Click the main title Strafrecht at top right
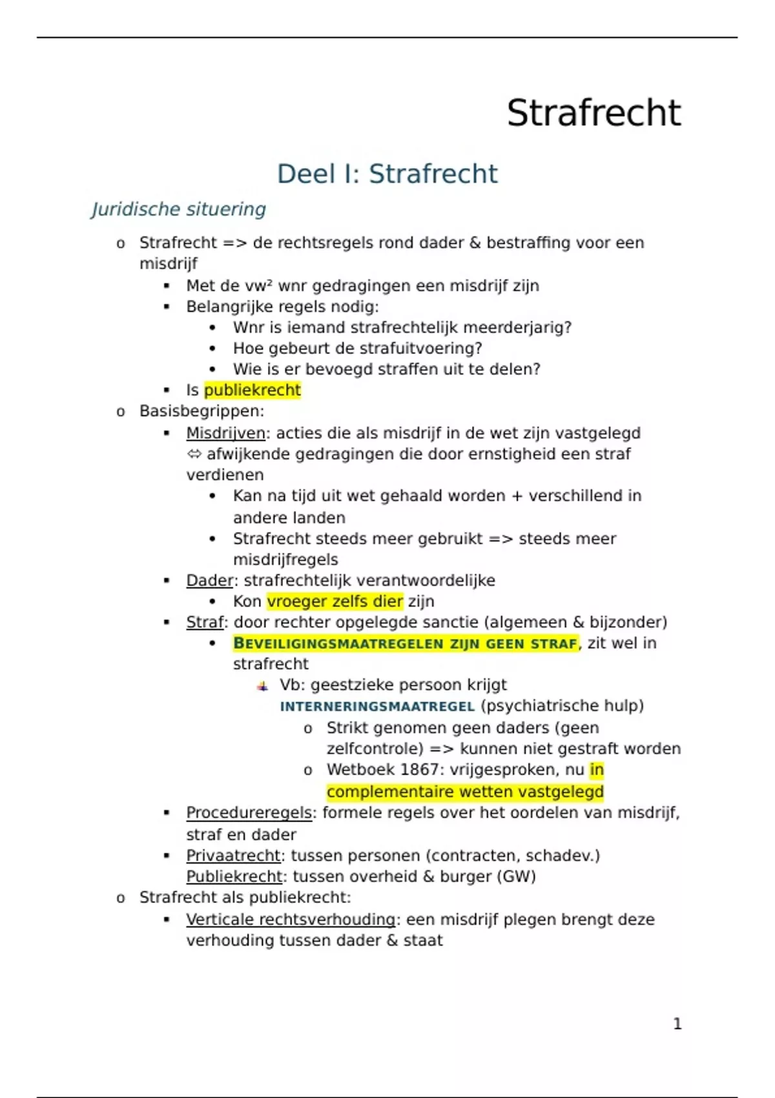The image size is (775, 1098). click(x=594, y=113)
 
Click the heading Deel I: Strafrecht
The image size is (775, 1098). click(x=387, y=174)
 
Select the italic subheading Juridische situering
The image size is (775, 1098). click(x=178, y=209)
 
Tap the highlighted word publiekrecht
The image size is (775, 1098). click(x=253, y=390)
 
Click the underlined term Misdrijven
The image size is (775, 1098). click(x=225, y=433)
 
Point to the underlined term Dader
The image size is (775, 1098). click(x=209, y=580)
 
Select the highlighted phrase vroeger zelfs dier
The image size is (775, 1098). click(x=335, y=601)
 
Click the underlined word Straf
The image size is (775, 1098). click(x=205, y=622)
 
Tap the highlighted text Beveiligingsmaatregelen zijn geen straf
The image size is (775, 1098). click(x=405, y=643)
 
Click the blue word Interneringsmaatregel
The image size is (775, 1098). click(x=377, y=706)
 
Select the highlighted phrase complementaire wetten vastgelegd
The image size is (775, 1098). click(x=465, y=792)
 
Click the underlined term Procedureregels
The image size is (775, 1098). click(x=249, y=813)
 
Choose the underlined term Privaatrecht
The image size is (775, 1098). click(x=233, y=856)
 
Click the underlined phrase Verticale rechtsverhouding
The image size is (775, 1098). click(x=291, y=919)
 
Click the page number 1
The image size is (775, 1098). click(x=677, y=1024)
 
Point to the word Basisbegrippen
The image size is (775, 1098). click(x=201, y=411)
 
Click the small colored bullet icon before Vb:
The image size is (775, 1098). click(x=262, y=686)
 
